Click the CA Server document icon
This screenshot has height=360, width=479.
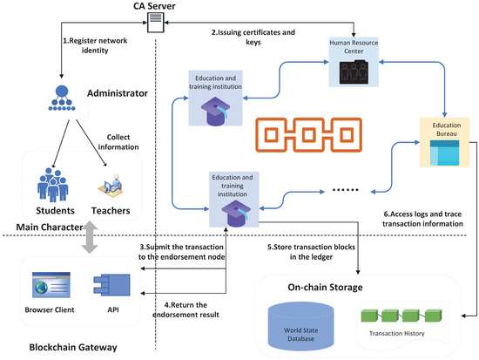pyautogui.click(x=156, y=23)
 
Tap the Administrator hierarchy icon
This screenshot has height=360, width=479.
pyautogui.click(x=62, y=98)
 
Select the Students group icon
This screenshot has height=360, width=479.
pyautogui.click(x=53, y=185)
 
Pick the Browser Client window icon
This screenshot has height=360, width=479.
pyautogui.click(x=51, y=285)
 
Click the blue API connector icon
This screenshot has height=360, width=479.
pyautogui.click(x=111, y=285)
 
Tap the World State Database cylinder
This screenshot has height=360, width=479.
pyautogui.click(x=301, y=326)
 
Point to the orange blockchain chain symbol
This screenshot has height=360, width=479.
pyautogui.click(x=308, y=135)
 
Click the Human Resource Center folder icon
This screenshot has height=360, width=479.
pyautogui.click(x=354, y=72)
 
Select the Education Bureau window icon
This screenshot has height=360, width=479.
pyautogui.click(x=444, y=153)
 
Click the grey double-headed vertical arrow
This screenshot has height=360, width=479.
pyautogui.click(x=90, y=237)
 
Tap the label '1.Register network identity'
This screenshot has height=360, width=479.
pyautogui.click(x=95, y=45)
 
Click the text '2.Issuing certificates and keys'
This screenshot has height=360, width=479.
pyautogui.click(x=253, y=37)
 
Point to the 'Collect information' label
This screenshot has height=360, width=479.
pyautogui.click(x=118, y=142)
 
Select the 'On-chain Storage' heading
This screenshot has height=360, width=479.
pyautogui.click(x=326, y=287)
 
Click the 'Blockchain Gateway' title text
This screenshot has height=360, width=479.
pyautogui.click(x=73, y=347)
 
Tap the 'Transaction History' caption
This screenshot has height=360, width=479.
pyautogui.click(x=397, y=333)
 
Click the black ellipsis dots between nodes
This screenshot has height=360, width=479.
pyautogui.click(x=345, y=190)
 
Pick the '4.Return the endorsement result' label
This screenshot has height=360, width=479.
pyautogui.click(x=186, y=309)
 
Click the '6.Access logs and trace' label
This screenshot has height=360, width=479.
pyautogui.click(x=422, y=214)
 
